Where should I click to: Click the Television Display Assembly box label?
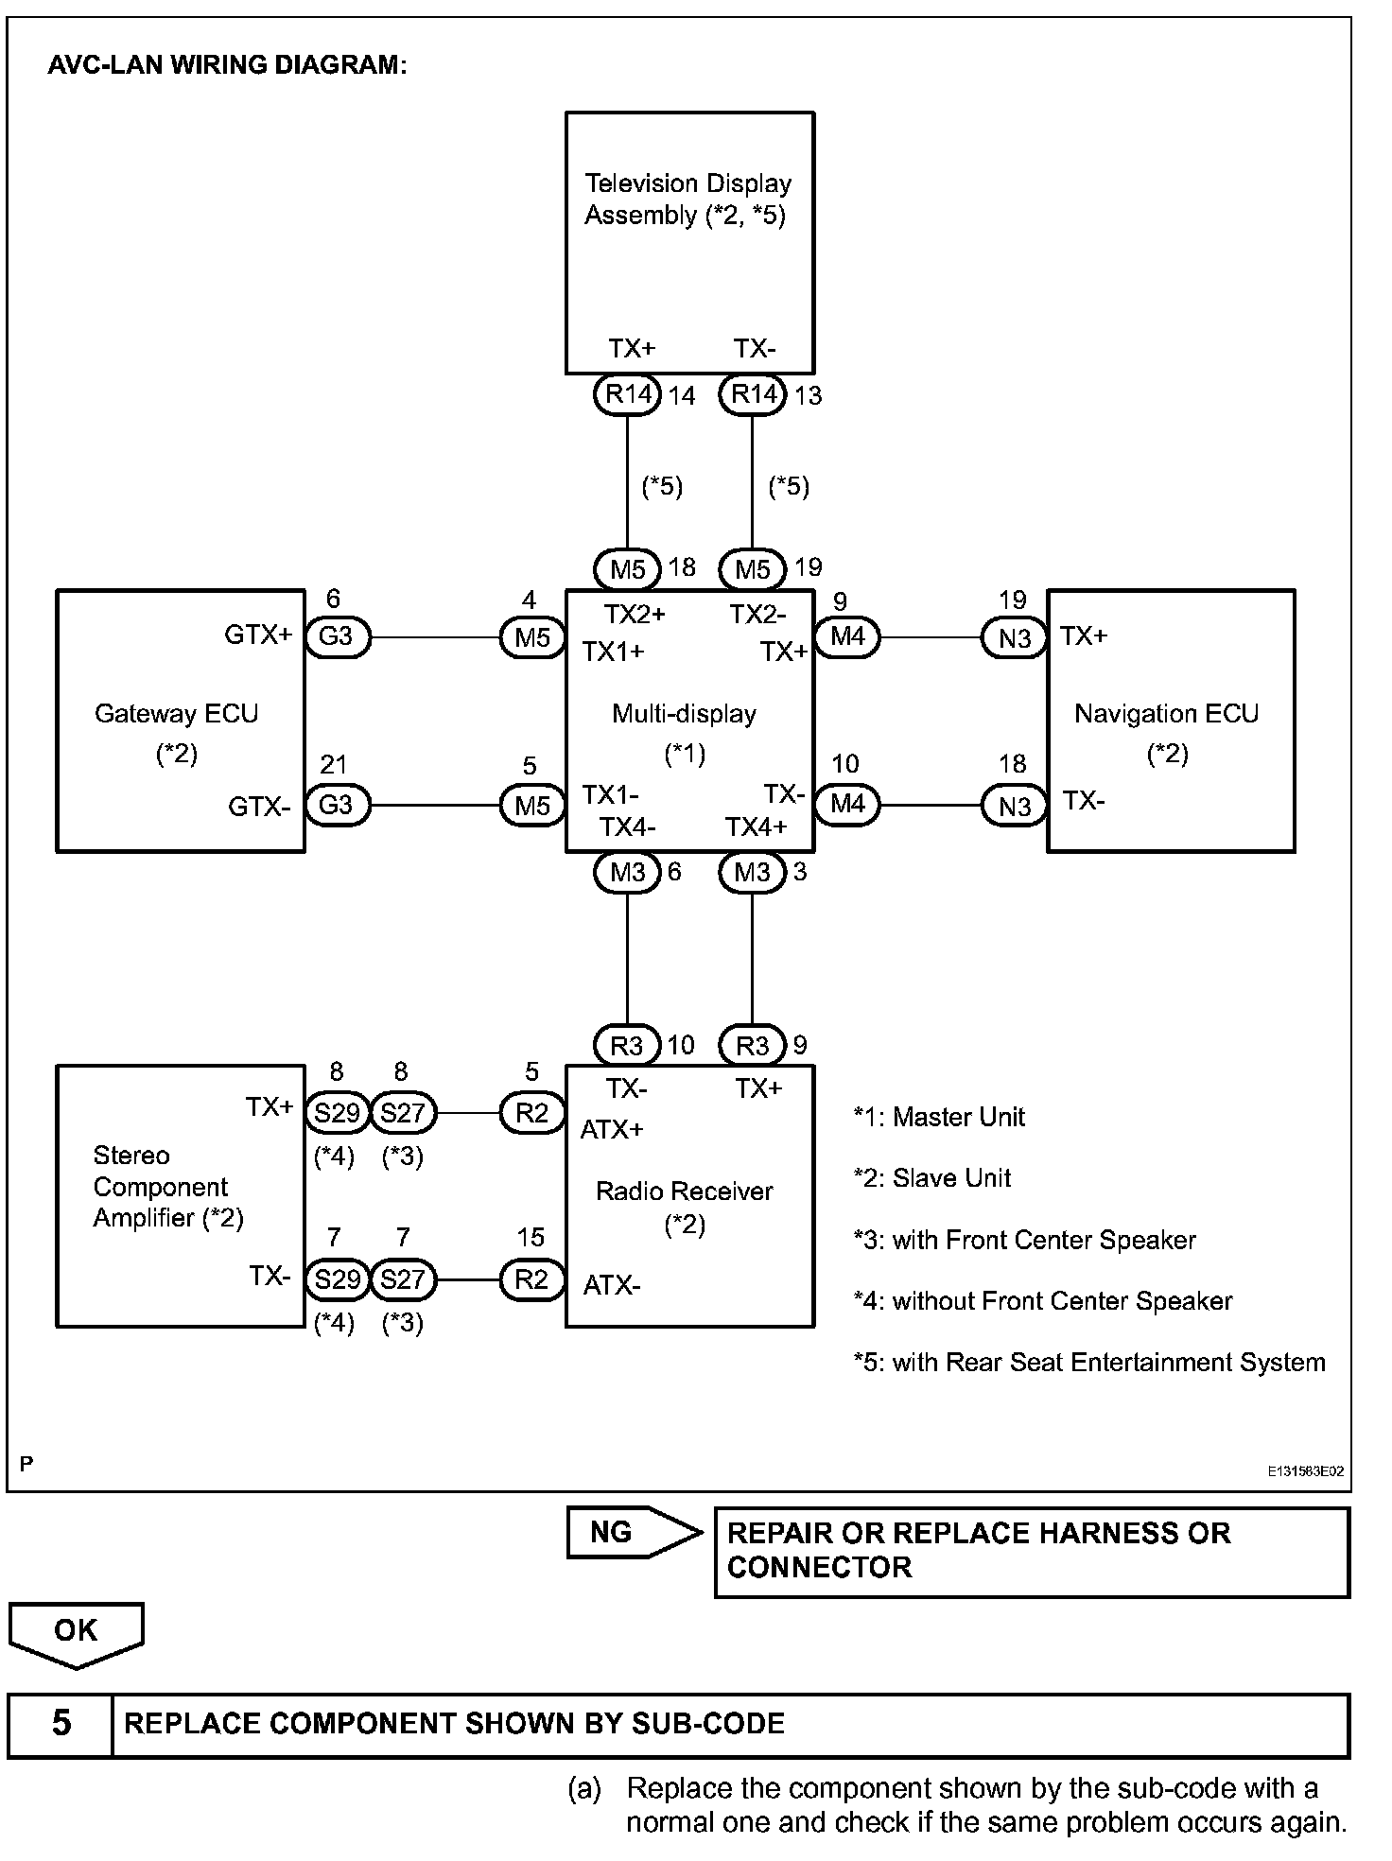click(687, 199)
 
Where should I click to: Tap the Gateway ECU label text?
click(176, 713)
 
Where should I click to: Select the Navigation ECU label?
click(1166, 713)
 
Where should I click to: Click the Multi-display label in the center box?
click(684, 713)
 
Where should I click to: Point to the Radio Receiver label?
click(684, 1191)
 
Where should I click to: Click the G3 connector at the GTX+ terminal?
click(337, 636)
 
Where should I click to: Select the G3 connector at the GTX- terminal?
click(337, 805)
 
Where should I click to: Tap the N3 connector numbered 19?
click(1014, 638)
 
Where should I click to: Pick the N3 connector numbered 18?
click(1014, 807)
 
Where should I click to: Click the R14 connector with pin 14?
click(627, 393)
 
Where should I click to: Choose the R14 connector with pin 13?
click(753, 393)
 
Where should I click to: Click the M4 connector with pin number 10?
click(847, 804)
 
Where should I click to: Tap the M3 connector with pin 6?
click(627, 872)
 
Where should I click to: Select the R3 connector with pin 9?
click(753, 1045)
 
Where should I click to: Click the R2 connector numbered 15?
click(531, 1279)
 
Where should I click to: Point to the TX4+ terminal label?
click(756, 827)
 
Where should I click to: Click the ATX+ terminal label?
click(612, 1129)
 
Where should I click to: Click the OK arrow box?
click(76, 1633)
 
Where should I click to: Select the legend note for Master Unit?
click(939, 1117)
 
